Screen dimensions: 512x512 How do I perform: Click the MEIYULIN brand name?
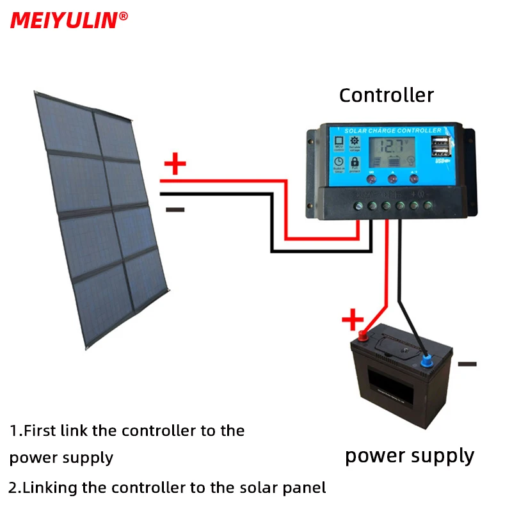click(x=65, y=20)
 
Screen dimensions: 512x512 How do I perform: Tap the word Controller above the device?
click(x=386, y=95)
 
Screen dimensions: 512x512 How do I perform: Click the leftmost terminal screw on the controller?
click(x=359, y=205)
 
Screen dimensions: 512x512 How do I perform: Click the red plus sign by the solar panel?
click(x=175, y=164)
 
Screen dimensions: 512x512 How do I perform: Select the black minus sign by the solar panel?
click(x=175, y=209)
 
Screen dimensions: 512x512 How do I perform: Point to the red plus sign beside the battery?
click(x=352, y=319)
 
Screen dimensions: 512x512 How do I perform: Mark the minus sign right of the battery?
click(x=467, y=364)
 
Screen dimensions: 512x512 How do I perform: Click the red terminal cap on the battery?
click(x=363, y=335)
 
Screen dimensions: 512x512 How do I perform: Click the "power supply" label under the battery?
click(x=410, y=456)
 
